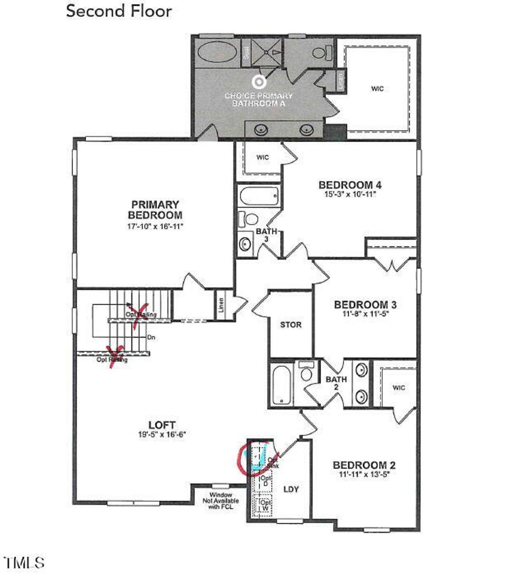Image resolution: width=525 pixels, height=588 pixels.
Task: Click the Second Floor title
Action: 119,11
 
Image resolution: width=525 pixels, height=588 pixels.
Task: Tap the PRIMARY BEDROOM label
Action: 155,209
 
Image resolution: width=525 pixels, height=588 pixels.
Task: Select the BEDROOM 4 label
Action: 350,185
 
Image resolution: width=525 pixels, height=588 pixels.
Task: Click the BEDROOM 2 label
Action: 364,465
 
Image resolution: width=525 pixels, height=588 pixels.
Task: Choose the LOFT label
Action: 162,425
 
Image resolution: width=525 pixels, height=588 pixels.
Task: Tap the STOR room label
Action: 291,325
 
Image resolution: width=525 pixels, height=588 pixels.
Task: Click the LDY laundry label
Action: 291,489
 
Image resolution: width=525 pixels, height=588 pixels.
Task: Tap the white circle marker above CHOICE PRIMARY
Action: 259,82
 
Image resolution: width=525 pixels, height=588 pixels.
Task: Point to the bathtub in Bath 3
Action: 259,196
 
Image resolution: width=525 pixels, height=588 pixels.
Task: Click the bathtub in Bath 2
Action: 281,384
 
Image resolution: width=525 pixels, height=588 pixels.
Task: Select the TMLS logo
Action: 24,563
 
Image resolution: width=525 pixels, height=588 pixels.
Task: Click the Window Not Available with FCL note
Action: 221,501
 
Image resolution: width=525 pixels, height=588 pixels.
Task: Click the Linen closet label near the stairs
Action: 221,305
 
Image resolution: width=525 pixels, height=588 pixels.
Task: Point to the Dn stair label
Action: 151,338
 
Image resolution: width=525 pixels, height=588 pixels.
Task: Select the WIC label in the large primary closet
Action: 377,89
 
